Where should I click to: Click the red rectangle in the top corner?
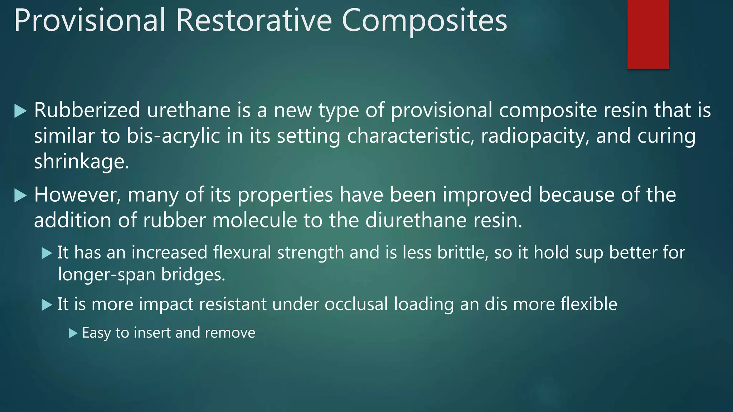(x=648, y=34)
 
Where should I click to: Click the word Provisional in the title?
(x=89, y=21)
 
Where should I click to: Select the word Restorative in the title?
(x=254, y=21)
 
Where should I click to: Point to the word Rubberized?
(x=87, y=110)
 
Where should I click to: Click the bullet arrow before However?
(x=20, y=196)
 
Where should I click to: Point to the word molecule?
(x=254, y=220)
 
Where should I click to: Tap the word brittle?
(x=462, y=252)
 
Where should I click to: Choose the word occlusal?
(x=356, y=304)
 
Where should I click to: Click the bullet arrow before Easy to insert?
(x=73, y=334)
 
